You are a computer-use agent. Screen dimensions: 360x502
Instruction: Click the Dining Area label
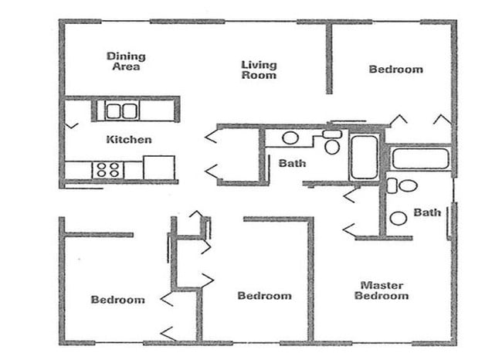click(126, 62)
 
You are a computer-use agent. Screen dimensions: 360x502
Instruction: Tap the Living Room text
click(259, 70)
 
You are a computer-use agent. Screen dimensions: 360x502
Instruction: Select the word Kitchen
click(128, 140)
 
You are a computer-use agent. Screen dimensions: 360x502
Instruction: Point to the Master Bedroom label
click(382, 290)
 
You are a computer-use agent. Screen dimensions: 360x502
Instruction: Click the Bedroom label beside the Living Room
click(395, 70)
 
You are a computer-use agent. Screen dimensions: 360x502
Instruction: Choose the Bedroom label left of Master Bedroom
click(264, 296)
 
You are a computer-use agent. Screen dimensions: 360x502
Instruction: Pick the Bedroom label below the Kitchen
click(117, 300)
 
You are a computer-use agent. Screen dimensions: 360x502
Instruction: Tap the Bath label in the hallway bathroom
click(292, 163)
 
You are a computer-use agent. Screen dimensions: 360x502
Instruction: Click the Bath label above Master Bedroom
click(427, 212)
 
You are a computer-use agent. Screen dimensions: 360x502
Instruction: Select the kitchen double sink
click(121, 110)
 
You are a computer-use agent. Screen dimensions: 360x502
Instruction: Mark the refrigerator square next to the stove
click(158, 168)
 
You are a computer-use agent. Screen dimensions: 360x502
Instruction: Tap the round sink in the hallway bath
click(290, 138)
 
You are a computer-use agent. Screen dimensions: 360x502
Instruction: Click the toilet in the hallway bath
click(332, 143)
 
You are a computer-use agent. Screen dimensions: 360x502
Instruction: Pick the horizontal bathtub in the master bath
click(420, 158)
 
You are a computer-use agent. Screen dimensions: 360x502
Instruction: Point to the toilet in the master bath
click(402, 185)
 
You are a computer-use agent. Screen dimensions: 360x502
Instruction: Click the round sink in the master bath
click(399, 218)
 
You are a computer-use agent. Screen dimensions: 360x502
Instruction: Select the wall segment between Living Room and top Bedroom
click(329, 59)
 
